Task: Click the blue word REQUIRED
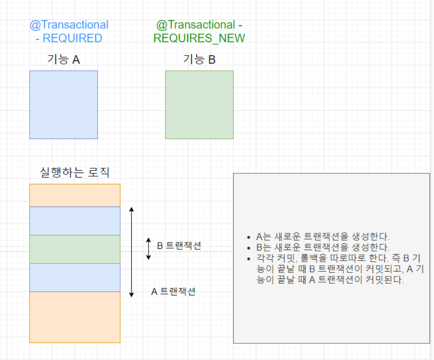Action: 72,38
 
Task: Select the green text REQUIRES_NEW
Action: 199,38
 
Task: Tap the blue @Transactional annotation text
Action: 69,25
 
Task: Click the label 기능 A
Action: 63,60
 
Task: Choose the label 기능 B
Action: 199,60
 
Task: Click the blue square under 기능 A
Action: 63,105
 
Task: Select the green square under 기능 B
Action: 199,105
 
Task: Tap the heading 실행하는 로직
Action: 75,173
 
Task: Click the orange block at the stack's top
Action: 75,195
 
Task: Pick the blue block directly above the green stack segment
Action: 75,221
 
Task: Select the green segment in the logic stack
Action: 75,249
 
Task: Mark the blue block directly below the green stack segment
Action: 75,278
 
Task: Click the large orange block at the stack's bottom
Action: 75,317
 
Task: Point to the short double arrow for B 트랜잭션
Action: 149,249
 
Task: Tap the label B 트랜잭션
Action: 179,246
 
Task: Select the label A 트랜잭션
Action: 173,292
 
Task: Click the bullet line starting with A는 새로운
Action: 323,236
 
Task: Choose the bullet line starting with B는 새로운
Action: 323,247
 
